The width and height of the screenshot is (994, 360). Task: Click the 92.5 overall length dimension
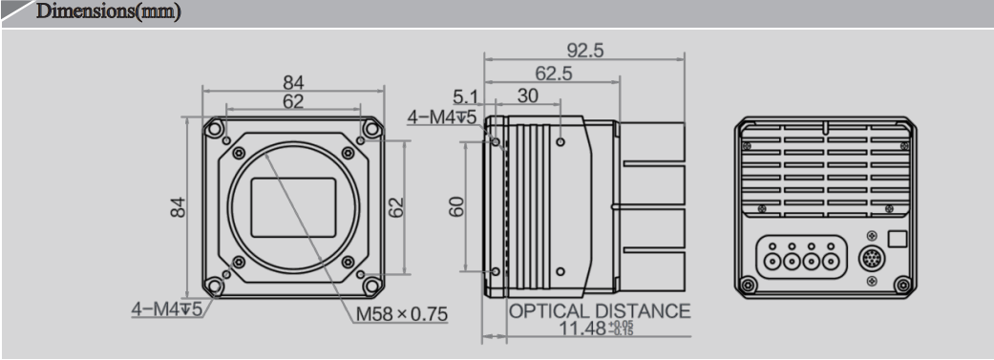[x=585, y=51]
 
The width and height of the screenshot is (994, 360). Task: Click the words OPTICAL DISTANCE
[x=599, y=311]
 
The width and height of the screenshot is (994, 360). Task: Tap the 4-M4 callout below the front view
[x=167, y=310]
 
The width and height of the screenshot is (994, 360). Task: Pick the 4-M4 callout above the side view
[x=442, y=116]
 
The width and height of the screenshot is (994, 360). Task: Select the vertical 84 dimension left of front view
[x=179, y=206]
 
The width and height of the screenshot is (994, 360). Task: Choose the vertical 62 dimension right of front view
[x=399, y=206]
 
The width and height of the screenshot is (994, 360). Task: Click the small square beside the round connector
[x=897, y=239]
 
